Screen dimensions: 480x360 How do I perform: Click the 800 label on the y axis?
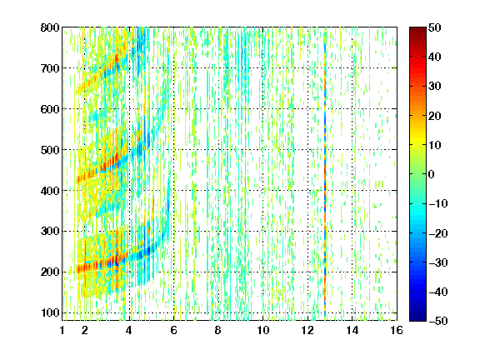(50, 27)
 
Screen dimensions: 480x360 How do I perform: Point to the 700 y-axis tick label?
(50, 68)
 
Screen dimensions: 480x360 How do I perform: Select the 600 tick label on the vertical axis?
(50, 109)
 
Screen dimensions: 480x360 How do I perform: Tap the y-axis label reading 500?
(50, 150)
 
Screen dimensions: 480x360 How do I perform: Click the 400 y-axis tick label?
(50, 191)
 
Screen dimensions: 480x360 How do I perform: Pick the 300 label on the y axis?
(50, 232)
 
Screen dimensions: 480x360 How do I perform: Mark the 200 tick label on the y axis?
(50, 272)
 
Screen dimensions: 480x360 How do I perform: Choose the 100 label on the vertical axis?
(50, 312)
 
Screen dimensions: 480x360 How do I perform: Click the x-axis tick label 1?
(62, 330)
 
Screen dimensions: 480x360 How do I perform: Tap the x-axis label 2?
(85, 330)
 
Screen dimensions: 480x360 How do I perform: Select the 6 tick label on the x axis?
(174, 330)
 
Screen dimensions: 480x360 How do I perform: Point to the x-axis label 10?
(263, 330)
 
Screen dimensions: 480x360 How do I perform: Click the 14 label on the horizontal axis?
(352, 330)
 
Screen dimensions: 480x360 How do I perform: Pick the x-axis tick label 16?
(397, 330)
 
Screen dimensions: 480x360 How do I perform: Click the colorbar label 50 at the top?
(435, 27)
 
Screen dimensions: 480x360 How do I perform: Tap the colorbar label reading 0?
(432, 174)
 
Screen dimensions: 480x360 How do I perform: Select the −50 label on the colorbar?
(438, 321)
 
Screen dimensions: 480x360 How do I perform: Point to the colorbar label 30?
(435, 87)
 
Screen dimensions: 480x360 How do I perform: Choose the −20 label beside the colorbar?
(438, 233)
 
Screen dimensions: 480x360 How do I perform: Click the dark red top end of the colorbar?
(417, 29)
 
